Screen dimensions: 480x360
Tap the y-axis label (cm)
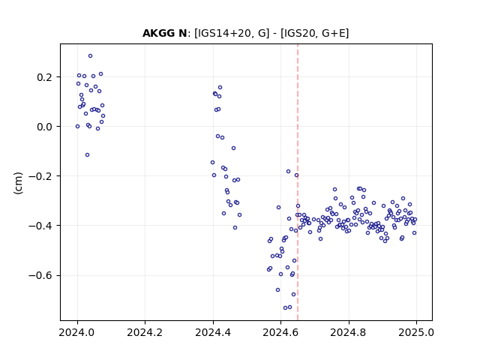pos(18,183)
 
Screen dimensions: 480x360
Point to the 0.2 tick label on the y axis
pos(44,76)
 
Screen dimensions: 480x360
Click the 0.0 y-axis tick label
pos(44,127)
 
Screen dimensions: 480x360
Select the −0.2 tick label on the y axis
pos(40,176)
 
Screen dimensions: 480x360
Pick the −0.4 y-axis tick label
pos(40,226)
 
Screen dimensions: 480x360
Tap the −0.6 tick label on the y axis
pos(40,275)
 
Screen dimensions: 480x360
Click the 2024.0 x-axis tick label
pos(77,332)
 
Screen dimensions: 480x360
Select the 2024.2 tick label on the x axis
pos(145,332)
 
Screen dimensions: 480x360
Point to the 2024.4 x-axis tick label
pos(213,332)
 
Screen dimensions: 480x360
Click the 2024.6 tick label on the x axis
pos(280,332)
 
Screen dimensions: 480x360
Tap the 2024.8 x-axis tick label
pos(348,332)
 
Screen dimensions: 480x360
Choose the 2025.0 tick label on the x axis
pos(416,332)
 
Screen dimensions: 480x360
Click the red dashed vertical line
pos(298,182)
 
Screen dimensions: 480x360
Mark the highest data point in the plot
pos(90,56)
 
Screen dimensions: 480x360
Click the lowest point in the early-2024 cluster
pos(87,155)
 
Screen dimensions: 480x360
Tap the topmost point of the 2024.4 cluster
pos(220,88)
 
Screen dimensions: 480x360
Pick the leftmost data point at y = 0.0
pos(77,127)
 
